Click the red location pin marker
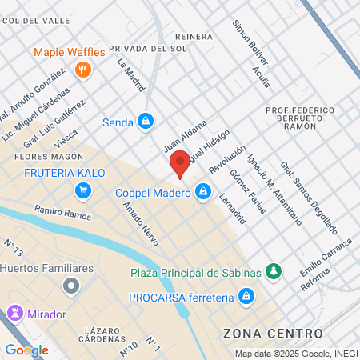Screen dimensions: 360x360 pyautogui.click(x=180, y=163)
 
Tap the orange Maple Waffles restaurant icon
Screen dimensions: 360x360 pyautogui.click(x=82, y=70)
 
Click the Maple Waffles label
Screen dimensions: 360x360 pyautogui.click(x=70, y=53)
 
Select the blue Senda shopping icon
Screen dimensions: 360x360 pyautogui.click(x=145, y=122)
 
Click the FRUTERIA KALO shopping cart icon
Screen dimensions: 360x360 pyautogui.click(x=82, y=190)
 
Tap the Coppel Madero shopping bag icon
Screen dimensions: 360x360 pyautogui.click(x=204, y=191)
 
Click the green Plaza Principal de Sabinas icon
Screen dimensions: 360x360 pyautogui.click(x=274, y=272)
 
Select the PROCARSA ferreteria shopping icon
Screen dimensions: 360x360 pyautogui.click(x=246, y=298)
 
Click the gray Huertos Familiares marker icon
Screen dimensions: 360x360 pyautogui.click(x=72, y=285)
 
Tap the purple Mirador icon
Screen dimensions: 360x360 pyautogui.click(x=14, y=312)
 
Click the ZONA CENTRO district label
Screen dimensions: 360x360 pyautogui.click(x=273, y=333)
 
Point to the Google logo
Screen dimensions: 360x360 pyautogui.click(x=26, y=350)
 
